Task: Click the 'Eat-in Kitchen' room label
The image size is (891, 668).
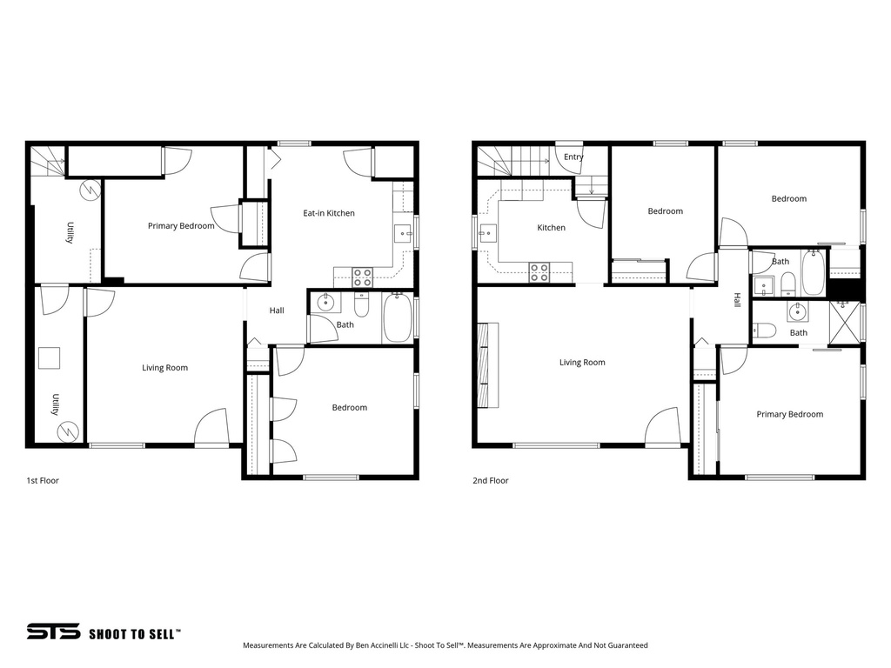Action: point(328,213)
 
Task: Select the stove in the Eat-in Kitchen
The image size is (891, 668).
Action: point(362,277)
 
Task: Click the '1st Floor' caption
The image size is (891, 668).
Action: point(43,480)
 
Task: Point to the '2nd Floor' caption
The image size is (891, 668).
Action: point(491,480)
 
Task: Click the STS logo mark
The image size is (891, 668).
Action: point(52,632)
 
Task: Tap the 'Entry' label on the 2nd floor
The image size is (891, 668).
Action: point(573,157)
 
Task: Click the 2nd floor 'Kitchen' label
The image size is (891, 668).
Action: point(551,228)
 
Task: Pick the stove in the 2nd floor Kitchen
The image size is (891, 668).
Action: point(539,272)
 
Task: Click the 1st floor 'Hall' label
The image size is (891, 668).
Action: point(277,311)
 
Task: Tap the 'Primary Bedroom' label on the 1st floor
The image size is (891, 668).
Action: point(181,226)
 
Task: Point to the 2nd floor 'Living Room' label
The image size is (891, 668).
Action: point(582,363)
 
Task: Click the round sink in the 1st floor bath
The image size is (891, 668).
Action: point(325,304)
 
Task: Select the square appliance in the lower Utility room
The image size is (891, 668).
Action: point(48,358)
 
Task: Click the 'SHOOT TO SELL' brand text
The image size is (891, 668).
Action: point(135,634)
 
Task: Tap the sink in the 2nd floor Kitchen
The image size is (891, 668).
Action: point(487,232)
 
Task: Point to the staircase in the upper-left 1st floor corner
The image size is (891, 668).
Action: point(48,161)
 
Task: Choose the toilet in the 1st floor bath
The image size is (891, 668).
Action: point(362,305)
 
